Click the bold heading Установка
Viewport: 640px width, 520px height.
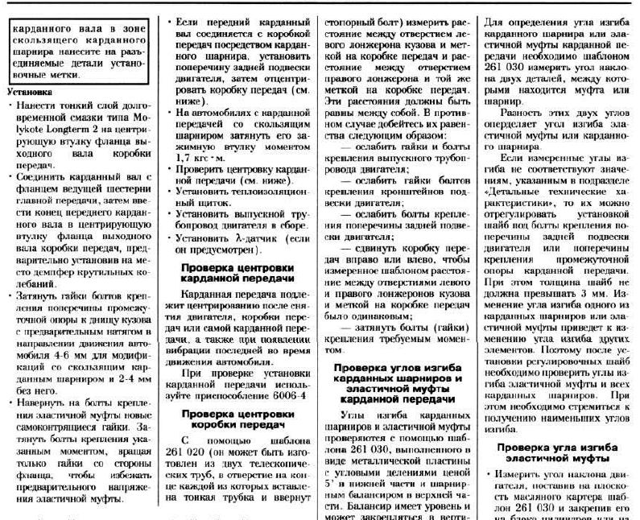click(x=30, y=92)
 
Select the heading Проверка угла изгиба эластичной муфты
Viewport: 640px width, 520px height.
click(x=557, y=452)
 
